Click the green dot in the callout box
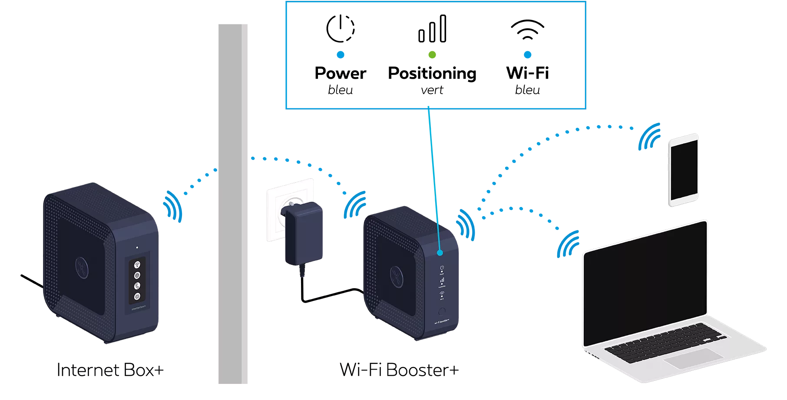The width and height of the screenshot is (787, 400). (432, 55)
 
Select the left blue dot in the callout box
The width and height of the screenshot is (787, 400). (341, 55)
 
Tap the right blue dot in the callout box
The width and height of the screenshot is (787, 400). (528, 55)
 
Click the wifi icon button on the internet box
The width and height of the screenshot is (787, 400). (137, 264)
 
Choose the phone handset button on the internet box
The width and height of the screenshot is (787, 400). (137, 286)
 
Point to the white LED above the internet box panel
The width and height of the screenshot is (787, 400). (137, 247)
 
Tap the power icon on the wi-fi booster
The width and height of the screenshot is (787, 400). (442, 268)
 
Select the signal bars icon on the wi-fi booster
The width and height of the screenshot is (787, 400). (442, 281)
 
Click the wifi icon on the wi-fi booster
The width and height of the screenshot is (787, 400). (442, 294)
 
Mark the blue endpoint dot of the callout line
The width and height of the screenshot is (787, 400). (440, 253)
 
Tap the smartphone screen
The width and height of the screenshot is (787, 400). (684, 170)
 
